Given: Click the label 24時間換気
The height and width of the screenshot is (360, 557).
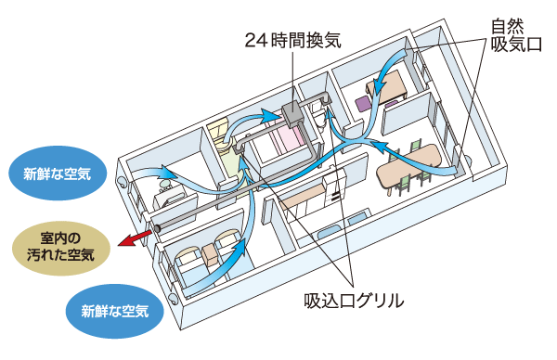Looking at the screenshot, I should (293, 40).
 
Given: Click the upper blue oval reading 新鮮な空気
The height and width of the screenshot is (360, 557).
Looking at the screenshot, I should (56, 173).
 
